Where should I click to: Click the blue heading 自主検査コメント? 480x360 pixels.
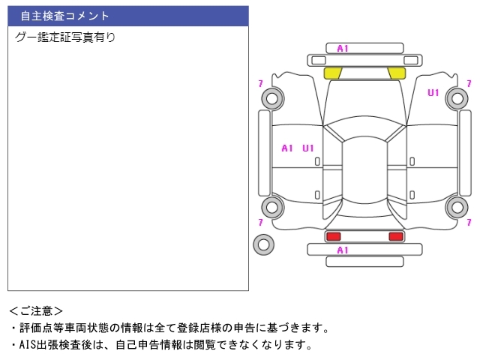click(64, 16)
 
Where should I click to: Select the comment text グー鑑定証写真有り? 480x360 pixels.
click(65, 37)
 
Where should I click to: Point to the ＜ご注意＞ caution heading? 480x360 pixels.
click(36, 311)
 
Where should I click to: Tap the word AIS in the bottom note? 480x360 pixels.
click(28, 345)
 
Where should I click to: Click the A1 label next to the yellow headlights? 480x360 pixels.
click(343, 48)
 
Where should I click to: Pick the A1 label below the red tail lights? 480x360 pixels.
click(343, 250)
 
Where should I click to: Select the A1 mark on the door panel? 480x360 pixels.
click(286, 148)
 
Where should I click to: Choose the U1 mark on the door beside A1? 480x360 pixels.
click(308, 148)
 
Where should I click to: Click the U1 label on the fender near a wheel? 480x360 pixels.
click(433, 92)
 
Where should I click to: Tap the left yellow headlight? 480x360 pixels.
click(332, 73)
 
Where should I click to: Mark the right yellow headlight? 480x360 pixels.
click(397, 73)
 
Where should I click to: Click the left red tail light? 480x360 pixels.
click(333, 236)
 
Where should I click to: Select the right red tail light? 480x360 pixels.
click(396, 236)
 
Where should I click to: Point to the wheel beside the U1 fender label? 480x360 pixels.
click(457, 91)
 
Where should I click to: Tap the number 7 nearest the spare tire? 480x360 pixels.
click(260, 222)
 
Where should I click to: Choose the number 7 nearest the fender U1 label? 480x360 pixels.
click(469, 83)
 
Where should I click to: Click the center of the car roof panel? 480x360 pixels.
click(364, 170)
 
